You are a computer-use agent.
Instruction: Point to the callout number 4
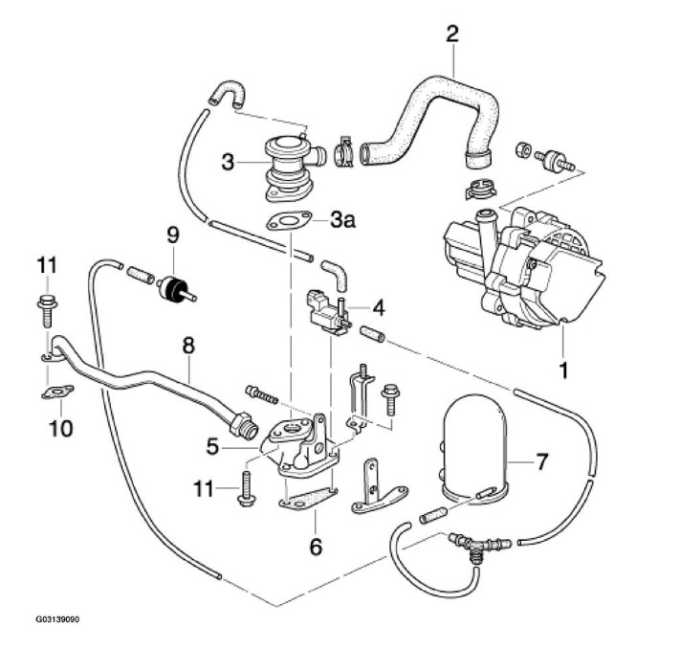click(378, 308)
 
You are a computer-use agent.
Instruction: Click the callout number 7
click(541, 462)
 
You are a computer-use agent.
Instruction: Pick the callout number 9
click(173, 233)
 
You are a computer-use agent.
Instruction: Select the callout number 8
click(188, 342)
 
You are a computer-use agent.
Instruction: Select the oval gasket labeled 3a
click(287, 223)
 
